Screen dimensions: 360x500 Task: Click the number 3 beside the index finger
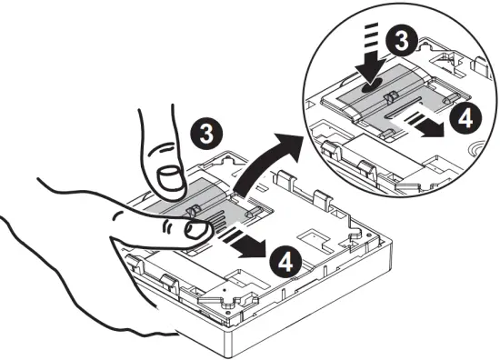[205, 134]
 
